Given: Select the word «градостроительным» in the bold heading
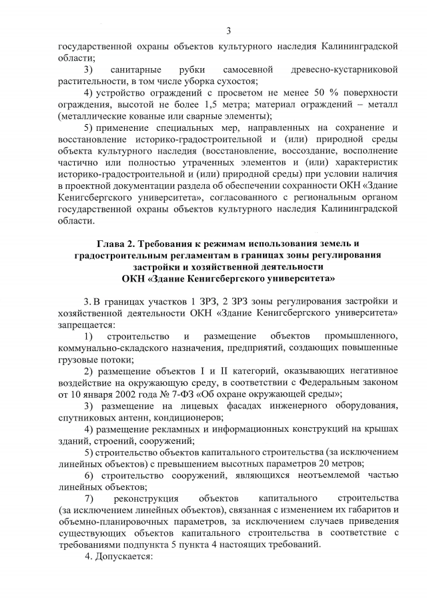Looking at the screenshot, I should (x=131, y=255).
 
